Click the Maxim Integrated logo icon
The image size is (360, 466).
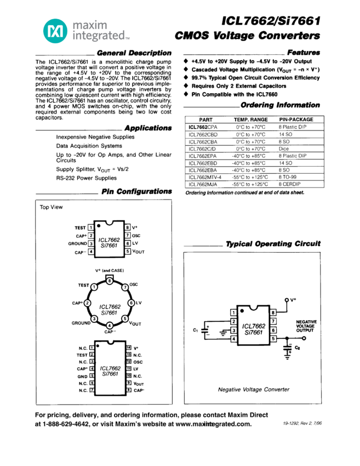[55, 31]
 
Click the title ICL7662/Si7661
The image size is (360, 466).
[271, 21]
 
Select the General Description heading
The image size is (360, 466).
[134, 53]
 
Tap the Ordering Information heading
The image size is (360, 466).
[280, 105]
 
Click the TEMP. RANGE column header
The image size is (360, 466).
[250, 120]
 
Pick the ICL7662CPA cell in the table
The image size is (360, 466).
[203, 127]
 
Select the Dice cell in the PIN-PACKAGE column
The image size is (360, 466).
[283, 149]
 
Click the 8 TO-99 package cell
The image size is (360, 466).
[288, 177]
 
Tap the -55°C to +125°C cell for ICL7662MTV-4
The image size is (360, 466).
[250, 177]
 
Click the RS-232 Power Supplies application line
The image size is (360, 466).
[86, 178]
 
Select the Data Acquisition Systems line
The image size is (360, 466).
[89, 146]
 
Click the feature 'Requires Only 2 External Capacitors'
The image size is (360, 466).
[239, 86]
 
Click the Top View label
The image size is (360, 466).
[52, 208]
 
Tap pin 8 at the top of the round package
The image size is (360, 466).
[110, 281]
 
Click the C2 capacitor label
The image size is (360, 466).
[298, 348]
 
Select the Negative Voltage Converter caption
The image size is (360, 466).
[254, 389]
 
